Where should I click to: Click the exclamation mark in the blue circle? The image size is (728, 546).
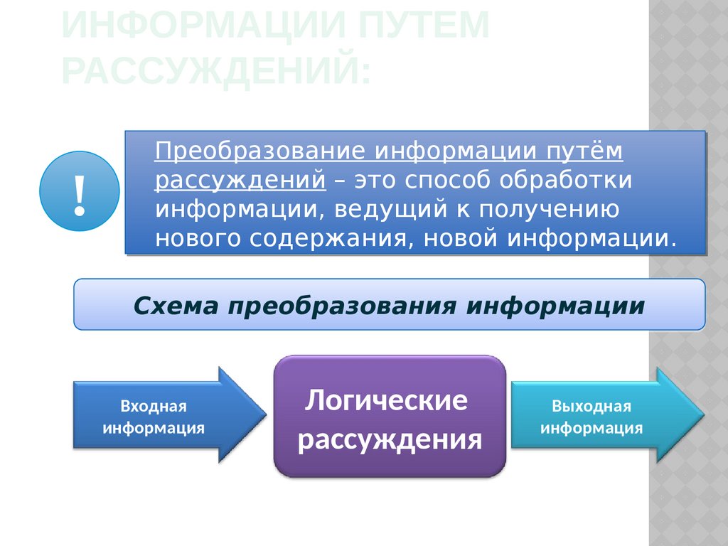[x=80, y=192]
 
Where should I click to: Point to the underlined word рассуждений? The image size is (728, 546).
[x=242, y=180]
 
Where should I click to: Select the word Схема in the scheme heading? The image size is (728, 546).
[x=176, y=306]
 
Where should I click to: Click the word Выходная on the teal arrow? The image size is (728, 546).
[x=591, y=407]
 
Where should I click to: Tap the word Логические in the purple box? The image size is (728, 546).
[x=387, y=401]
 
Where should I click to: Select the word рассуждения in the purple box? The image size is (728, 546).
[x=390, y=440]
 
